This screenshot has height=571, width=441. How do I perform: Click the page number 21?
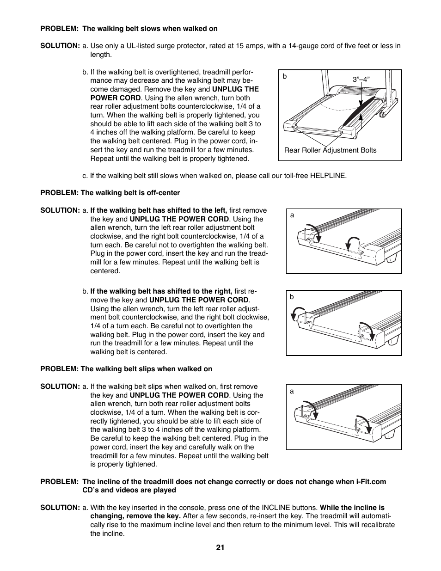[x=220, y=547]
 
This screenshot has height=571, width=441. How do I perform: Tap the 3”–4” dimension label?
[x=361, y=79]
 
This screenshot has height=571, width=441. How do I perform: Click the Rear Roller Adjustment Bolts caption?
[x=330, y=150]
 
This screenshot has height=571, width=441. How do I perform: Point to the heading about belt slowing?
[x=150, y=29]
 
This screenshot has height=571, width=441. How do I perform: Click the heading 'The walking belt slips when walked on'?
[x=147, y=369]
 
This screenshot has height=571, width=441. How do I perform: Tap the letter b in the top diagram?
[x=285, y=76]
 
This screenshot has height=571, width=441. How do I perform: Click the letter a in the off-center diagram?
[x=292, y=215]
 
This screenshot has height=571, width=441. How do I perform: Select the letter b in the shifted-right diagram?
[x=292, y=297]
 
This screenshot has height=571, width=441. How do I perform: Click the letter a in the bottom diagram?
[x=292, y=391]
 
